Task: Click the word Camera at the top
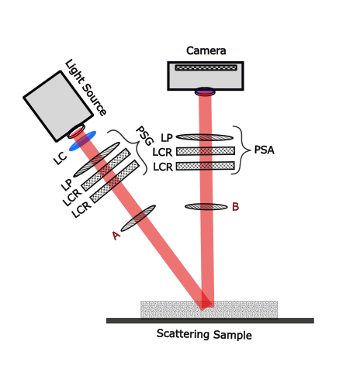(206, 51)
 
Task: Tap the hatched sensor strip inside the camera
(205, 68)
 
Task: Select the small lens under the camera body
(205, 91)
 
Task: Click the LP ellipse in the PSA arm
(205, 137)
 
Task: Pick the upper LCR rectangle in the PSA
(205, 151)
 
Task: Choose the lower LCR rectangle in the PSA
(205, 166)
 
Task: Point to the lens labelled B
(205, 206)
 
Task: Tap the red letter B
(235, 207)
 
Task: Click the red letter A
(116, 235)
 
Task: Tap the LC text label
(59, 159)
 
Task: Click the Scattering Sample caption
(204, 336)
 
